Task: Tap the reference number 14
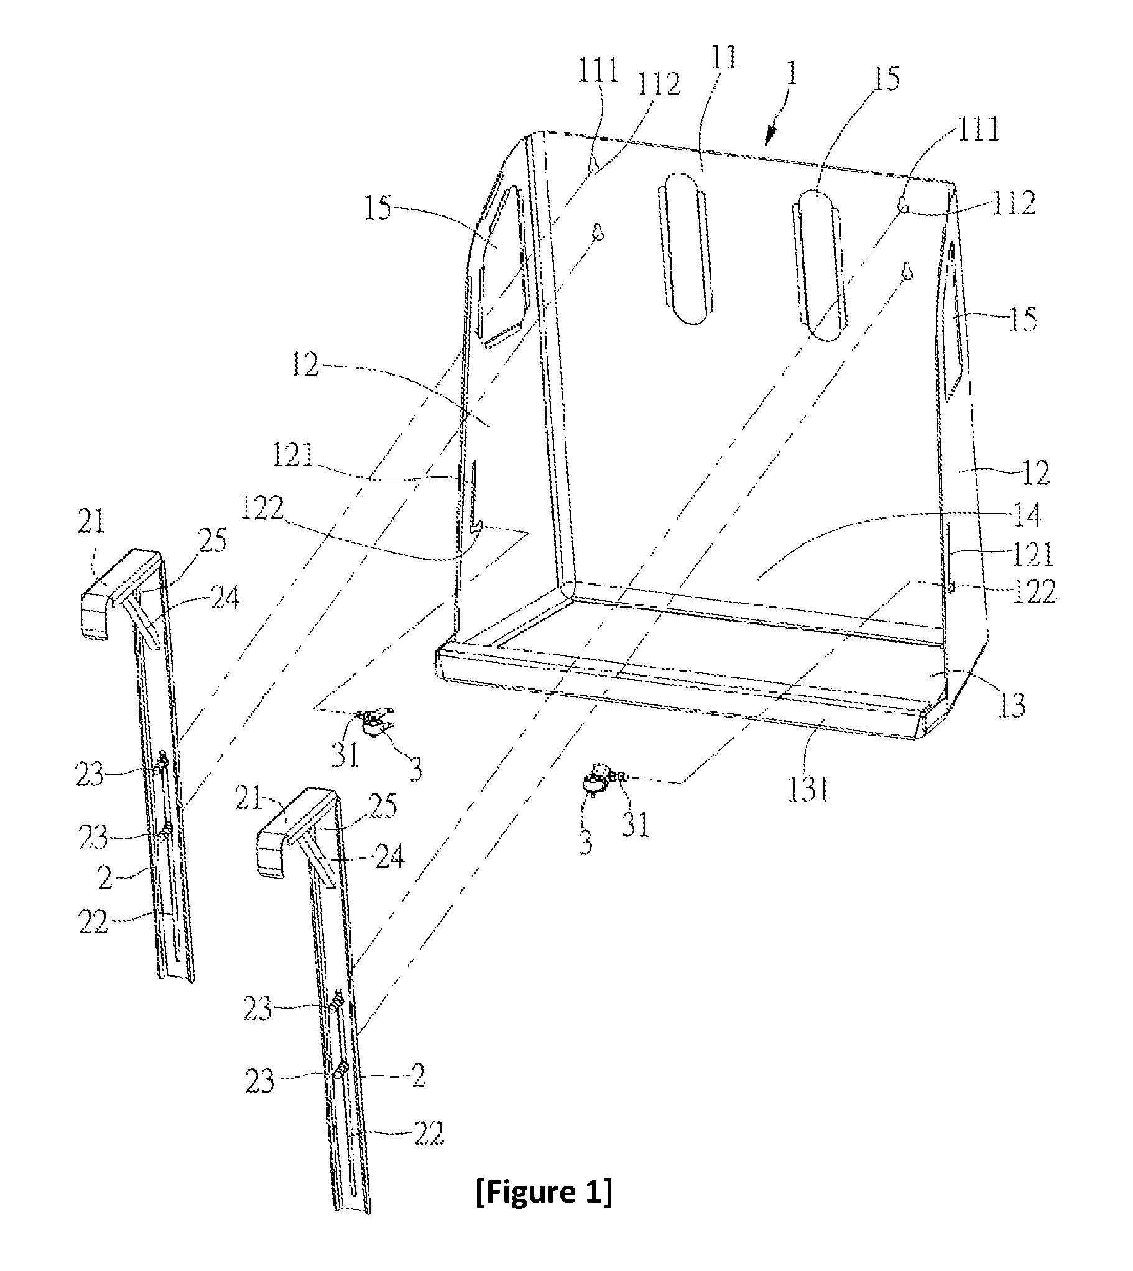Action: click(1027, 515)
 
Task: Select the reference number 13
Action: click(1011, 706)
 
